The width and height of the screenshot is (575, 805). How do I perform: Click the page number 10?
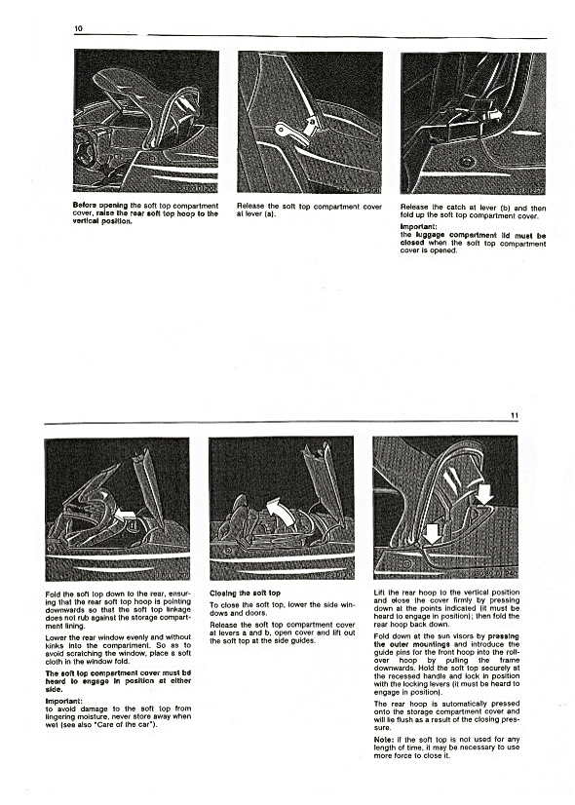(x=79, y=29)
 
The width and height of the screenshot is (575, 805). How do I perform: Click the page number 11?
(x=515, y=416)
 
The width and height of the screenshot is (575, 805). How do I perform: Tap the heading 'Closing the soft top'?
(x=246, y=593)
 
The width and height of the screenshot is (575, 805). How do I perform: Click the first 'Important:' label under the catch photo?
(x=418, y=226)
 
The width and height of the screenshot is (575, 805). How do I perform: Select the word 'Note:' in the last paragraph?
(x=384, y=740)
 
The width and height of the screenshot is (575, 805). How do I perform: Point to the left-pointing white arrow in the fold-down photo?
(x=127, y=513)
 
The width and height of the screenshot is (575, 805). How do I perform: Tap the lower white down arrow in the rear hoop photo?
(x=433, y=534)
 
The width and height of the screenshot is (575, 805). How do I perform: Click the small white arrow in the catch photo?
(x=494, y=114)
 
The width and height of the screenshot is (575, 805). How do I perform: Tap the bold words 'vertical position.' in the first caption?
(x=102, y=221)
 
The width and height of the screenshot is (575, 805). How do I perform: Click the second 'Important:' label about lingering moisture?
(x=63, y=701)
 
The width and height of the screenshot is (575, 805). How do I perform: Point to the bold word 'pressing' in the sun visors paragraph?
(x=504, y=636)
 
